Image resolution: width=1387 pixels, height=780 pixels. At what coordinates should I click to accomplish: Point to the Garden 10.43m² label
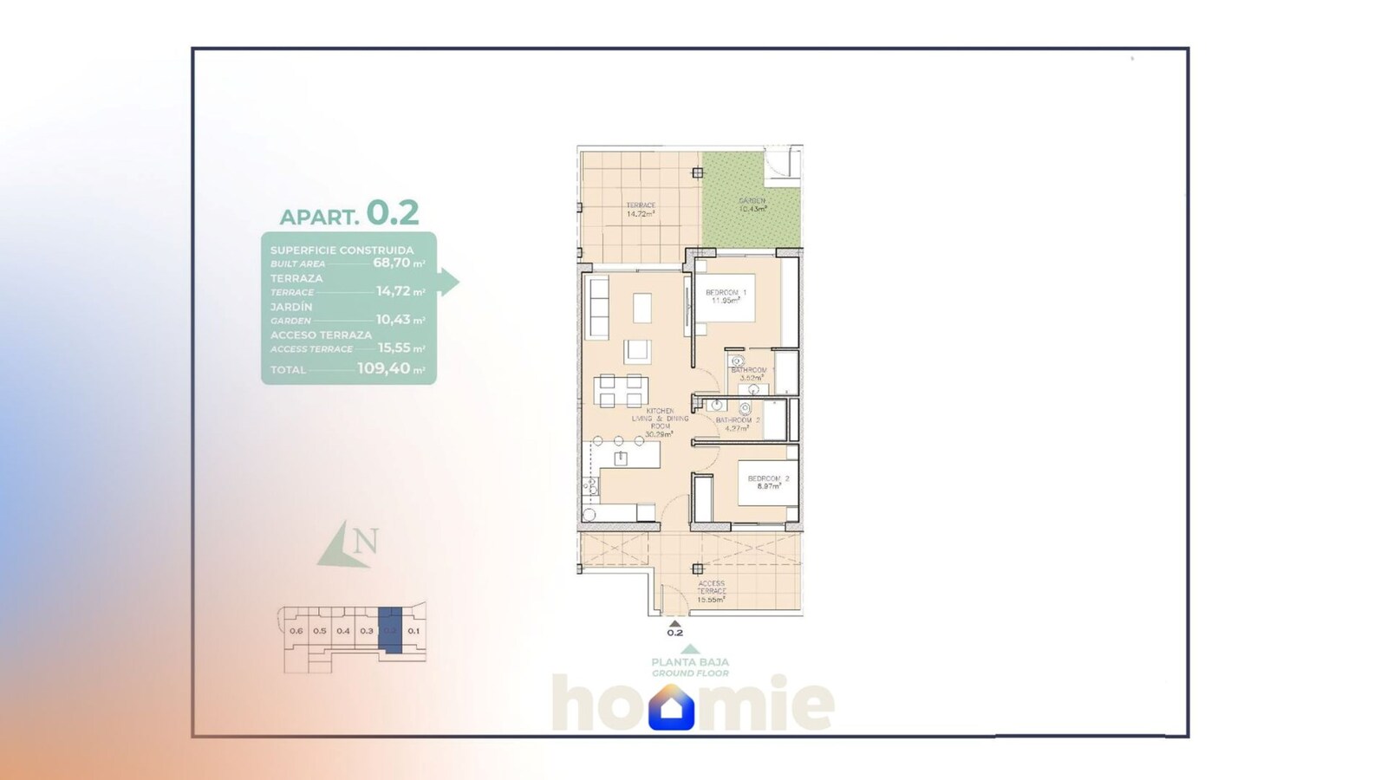[752, 205]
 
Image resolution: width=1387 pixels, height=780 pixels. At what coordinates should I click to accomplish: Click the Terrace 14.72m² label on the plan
[641, 210]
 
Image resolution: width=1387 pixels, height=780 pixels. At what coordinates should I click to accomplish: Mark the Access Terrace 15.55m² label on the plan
[711, 591]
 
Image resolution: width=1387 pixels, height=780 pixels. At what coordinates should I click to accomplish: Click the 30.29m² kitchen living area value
[659, 434]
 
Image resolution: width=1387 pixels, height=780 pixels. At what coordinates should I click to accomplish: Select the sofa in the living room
[596, 307]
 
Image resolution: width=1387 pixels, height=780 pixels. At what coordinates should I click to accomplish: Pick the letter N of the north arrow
[366, 542]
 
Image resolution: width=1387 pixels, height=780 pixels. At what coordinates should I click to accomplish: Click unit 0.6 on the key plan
[296, 631]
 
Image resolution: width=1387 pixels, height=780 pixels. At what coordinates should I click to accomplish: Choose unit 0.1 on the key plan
[413, 631]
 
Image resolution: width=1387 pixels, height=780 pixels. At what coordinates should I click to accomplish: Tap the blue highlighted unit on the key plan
[391, 631]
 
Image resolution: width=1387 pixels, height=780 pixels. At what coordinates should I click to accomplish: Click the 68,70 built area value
[391, 263]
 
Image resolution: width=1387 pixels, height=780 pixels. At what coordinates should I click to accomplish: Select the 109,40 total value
[383, 368]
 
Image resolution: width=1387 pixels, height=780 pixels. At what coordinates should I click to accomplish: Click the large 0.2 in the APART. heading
[393, 212]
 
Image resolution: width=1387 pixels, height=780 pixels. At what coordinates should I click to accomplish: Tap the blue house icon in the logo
[671, 708]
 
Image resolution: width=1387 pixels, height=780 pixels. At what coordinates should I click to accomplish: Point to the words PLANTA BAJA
[690, 662]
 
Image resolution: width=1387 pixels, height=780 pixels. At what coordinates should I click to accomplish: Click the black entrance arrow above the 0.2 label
[675, 622]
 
